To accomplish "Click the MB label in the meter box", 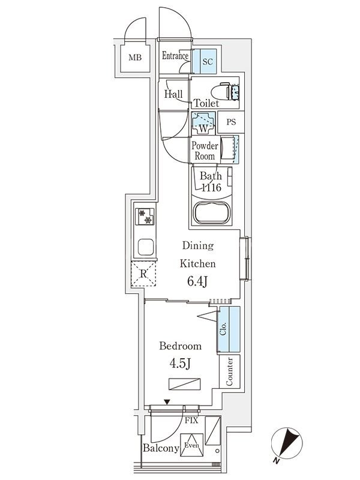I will [134, 58].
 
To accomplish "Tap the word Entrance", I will [175, 56].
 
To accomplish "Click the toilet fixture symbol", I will [228, 91].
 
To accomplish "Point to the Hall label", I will [173, 94].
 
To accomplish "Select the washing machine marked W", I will [203, 123].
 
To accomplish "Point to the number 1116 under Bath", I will [211, 188].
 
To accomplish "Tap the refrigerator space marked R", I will [144, 275].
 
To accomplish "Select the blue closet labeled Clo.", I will [228, 329].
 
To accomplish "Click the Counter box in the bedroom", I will [230, 372].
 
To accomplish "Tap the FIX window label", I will [191, 421].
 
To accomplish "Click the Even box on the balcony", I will [191, 445].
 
